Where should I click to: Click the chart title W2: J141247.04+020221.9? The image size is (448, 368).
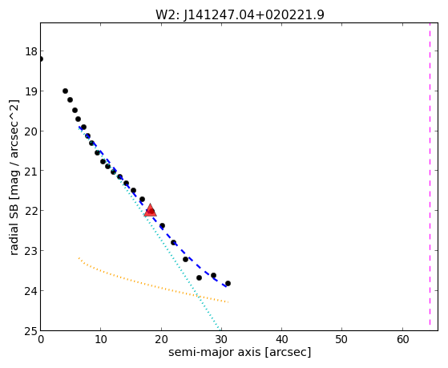240,14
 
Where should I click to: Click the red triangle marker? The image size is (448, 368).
150,210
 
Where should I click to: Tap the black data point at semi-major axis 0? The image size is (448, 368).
40,59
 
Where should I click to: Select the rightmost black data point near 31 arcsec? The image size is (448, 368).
228,283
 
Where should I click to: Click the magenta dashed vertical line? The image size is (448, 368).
430,176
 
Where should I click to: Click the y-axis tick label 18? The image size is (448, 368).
31,52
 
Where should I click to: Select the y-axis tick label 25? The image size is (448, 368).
31,331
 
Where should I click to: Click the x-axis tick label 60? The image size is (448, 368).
402,339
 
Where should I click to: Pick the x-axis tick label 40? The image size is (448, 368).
282,339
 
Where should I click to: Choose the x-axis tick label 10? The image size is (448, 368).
100,339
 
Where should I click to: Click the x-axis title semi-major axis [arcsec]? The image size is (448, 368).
240,352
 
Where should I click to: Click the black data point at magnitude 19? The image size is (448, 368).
65,91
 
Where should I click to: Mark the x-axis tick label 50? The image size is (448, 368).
342,339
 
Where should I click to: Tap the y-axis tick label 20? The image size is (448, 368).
31,131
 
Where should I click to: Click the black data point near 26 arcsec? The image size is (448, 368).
199,277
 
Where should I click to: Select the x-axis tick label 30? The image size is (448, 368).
221,339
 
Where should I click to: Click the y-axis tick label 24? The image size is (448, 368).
31,291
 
